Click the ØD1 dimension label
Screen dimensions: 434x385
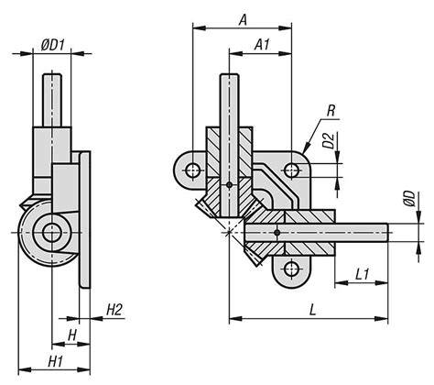pyautogui.click(x=53, y=46)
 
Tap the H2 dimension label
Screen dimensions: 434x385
pyautogui.click(x=114, y=310)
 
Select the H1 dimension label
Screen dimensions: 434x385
pyautogui.click(x=56, y=362)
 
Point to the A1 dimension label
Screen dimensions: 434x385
pyautogui.click(x=262, y=45)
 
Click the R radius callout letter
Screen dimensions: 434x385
pyautogui.click(x=331, y=111)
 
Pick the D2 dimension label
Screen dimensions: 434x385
pyautogui.click(x=330, y=141)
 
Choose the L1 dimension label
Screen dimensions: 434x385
pyautogui.click(x=363, y=274)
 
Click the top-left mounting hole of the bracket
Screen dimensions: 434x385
pyautogui.click(x=193, y=170)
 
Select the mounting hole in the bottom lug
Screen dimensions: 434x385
pyautogui.click(x=291, y=269)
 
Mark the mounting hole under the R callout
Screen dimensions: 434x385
pyautogui.click(x=291, y=170)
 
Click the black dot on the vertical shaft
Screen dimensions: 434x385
pyautogui.click(x=230, y=185)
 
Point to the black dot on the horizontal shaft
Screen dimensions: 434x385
pyautogui.click(x=277, y=233)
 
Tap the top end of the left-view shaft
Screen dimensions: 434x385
pyautogui.click(x=52, y=74)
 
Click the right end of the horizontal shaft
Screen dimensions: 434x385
pyautogui.click(x=387, y=233)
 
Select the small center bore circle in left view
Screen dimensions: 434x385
pyautogui.click(x=52, y=233)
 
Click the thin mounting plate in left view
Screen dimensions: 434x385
pyautogui.click(x=85, y=219)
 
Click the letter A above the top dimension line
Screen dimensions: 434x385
pyautogui.click(x=243, y=20)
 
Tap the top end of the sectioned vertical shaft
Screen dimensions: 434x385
pyautogui.click(x=230, y=75)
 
